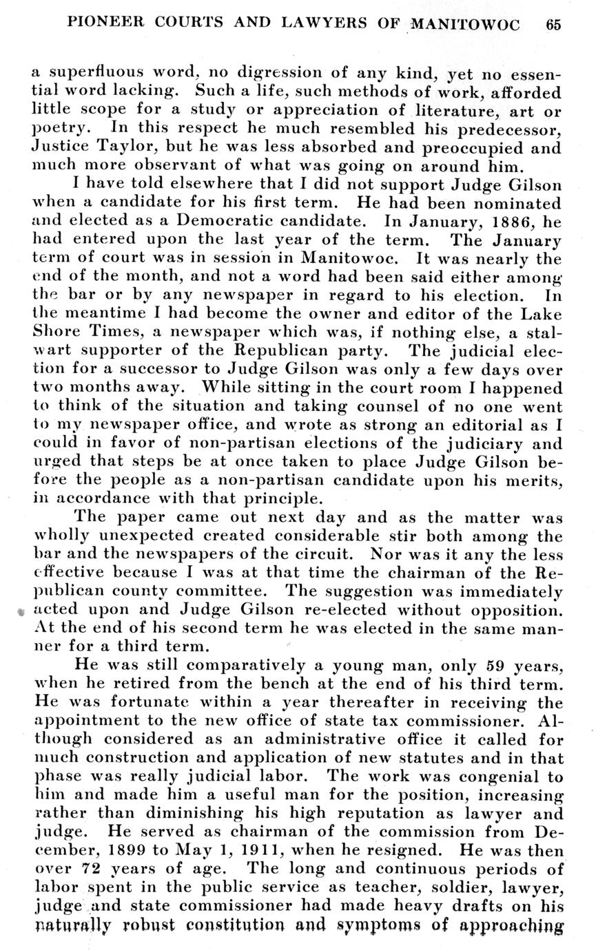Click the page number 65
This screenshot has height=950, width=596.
[x=554, y=25]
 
